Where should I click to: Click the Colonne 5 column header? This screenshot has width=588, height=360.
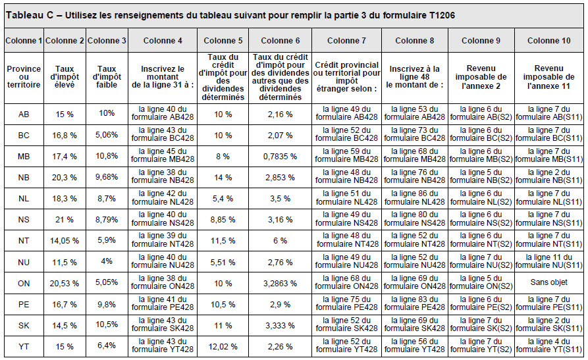(223, 41)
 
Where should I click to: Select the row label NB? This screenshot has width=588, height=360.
(24, 178)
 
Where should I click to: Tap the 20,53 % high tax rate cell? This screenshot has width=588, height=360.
(65, 284)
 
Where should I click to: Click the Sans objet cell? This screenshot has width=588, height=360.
(548, 282)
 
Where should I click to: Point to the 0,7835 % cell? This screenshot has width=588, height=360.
(280, 157)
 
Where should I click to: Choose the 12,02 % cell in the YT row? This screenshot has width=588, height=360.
(223, 347)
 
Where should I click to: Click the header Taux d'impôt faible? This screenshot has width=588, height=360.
(107, 77)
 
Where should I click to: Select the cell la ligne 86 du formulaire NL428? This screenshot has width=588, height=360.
(414, 197)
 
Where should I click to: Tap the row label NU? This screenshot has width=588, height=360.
(24, 262)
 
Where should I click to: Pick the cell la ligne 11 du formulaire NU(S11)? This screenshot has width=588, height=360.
(548, 261)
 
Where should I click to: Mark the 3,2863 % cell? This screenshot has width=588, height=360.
(280, 284)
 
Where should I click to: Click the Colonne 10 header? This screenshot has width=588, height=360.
(548, 41)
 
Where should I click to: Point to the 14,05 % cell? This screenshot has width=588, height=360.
(65, 241)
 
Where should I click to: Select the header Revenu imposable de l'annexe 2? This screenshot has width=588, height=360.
(481, 77)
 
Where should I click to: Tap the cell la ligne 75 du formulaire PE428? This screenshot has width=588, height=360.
(346, 303)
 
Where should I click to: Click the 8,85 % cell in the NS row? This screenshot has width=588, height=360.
(223, 220)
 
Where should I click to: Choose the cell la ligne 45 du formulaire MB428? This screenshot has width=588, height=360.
(163, 155)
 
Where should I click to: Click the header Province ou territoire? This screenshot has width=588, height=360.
(24, 77)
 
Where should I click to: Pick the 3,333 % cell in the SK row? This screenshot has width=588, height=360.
(280, 326)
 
